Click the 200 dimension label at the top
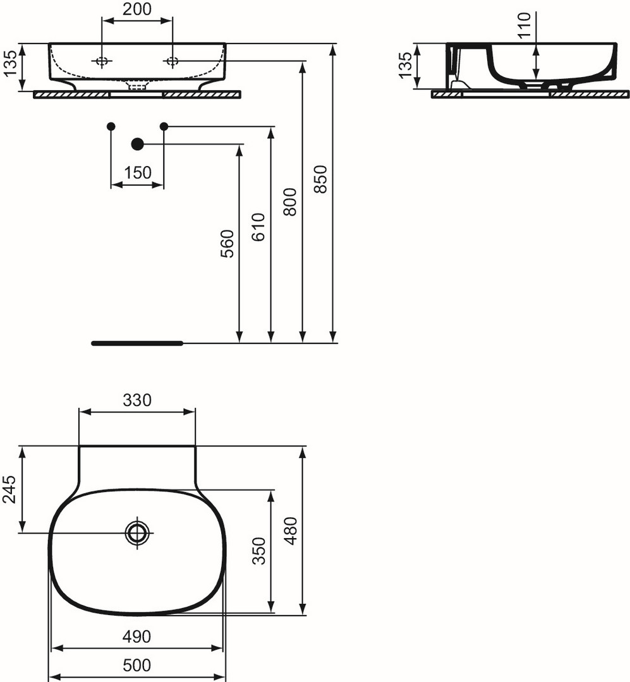136,9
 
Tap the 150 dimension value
138,172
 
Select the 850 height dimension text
320,179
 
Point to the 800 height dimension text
290,202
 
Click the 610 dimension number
258,227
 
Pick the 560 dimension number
227,244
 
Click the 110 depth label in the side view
525,25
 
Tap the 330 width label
137,400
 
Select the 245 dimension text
9,489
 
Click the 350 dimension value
259,551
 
